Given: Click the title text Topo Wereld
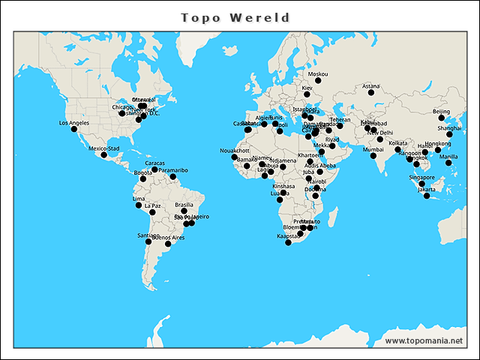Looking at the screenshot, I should click(236, 16).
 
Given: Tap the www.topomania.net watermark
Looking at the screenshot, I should click(424, 340).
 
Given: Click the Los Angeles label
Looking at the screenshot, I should click(74, 122).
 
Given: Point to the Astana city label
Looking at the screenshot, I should click(371, 86).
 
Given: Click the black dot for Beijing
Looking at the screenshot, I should click(442, 118).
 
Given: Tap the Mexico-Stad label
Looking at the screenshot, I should click(104, 148).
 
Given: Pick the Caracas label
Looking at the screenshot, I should click(155, 163).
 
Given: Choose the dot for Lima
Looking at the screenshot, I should click(139, 205).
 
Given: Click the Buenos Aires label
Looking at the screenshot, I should click(168, 238).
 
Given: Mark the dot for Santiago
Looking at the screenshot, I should click(148, 241).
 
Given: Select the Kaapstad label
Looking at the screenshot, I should click(288, 236).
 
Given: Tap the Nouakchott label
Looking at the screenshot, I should click(235, 151).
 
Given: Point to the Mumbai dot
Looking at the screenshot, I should click(373, 155).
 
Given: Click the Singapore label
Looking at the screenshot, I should click(421, 178).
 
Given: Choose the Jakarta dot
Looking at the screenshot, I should click(427, 195).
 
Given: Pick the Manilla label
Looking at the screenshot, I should click(448, 157).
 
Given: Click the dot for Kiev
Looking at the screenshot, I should click(307, 94).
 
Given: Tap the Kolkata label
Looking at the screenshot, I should click(398, 142).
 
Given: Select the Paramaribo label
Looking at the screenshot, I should click(173, 170).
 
